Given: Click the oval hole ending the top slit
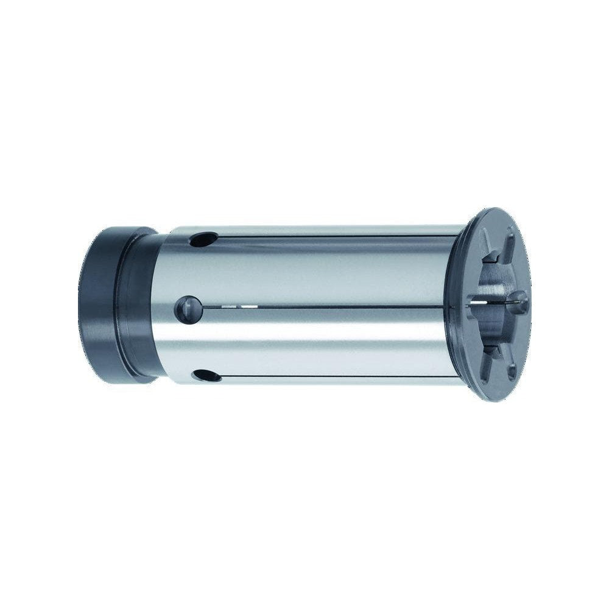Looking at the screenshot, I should [203, 239].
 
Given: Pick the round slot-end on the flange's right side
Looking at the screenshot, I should [519, 301].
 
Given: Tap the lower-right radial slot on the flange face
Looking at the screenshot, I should [510, 368].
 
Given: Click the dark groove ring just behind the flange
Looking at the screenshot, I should [454, 304].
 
